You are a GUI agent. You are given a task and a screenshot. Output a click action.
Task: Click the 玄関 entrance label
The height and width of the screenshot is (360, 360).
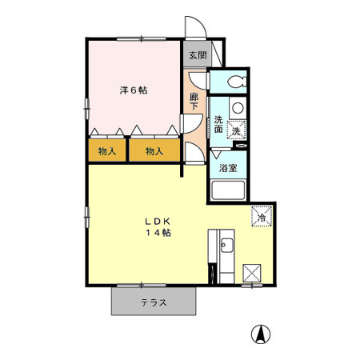click(198, 55)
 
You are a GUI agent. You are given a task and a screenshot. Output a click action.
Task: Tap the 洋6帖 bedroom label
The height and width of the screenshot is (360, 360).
click(134, 90)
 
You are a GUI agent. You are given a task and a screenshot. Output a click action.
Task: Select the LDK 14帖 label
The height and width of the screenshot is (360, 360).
click(158, 227)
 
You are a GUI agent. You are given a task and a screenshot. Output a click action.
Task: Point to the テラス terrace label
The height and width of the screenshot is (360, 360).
click(154, 302)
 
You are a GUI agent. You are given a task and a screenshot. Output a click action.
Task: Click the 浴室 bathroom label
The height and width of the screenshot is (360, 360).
click(228, 168)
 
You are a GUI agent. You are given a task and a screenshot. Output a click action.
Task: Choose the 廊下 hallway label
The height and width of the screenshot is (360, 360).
click(194, 101)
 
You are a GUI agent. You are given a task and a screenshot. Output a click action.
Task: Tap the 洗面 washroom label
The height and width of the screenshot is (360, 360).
click(218, 124)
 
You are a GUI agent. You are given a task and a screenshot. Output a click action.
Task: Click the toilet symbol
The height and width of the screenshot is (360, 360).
click(237, 82)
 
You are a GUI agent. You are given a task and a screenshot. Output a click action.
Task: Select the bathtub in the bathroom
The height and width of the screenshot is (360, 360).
click(228, 190)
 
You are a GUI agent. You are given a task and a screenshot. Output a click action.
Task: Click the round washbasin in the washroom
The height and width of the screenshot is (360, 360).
click(238, 108)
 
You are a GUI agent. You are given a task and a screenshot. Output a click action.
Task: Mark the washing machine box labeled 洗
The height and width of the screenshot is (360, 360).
click(237, 130)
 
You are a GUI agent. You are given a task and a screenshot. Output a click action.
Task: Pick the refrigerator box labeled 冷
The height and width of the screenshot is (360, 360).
click(262, 216)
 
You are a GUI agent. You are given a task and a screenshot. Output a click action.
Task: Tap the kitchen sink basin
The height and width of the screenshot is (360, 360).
click(226, 246)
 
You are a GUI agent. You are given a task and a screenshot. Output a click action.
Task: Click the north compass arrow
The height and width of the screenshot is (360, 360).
click(261, 334)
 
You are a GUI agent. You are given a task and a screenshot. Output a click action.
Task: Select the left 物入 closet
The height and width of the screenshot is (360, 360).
click(107, 150)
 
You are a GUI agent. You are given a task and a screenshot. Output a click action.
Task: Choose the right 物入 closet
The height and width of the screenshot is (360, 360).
click(154, 150)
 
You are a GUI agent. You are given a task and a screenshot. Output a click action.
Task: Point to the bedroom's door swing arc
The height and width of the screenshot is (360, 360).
click(198, 126)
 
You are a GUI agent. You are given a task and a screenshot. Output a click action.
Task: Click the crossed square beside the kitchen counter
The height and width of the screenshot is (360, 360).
click(252, 273)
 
